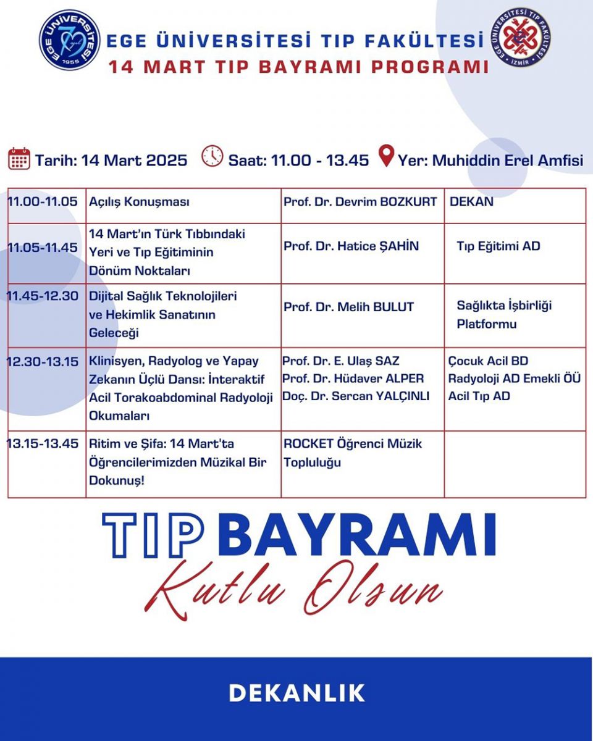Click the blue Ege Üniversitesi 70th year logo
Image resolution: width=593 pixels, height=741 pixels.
point(70,40)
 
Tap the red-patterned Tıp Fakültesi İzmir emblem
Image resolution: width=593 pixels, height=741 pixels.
point(520,37)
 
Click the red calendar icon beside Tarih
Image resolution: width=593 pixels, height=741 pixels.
point(19,159)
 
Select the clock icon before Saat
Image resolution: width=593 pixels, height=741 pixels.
point(212,156)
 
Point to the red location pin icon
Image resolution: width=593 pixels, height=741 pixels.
point(386,156)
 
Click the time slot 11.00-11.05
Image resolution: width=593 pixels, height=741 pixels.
point(43,201)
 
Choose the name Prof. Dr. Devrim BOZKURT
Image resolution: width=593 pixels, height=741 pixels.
point(360,202)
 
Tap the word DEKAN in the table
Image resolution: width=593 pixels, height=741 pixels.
point(471,201)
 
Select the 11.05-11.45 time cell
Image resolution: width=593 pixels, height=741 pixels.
point(43,247)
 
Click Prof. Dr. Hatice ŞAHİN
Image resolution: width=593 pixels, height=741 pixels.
point(351,246)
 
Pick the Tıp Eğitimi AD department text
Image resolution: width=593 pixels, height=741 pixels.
point(498,246)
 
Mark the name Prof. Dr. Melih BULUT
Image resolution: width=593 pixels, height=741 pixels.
point(348,307)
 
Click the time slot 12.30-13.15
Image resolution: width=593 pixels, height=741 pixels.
point(43,362)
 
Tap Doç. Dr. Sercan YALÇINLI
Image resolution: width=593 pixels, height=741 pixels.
point(356,396)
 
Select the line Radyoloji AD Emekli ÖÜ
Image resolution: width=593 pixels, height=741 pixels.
point(515,379)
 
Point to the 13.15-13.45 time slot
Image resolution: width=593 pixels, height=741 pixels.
point(43,443)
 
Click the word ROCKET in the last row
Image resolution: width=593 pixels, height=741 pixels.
point(308,443)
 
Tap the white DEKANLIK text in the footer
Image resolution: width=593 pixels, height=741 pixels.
point(296,693)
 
